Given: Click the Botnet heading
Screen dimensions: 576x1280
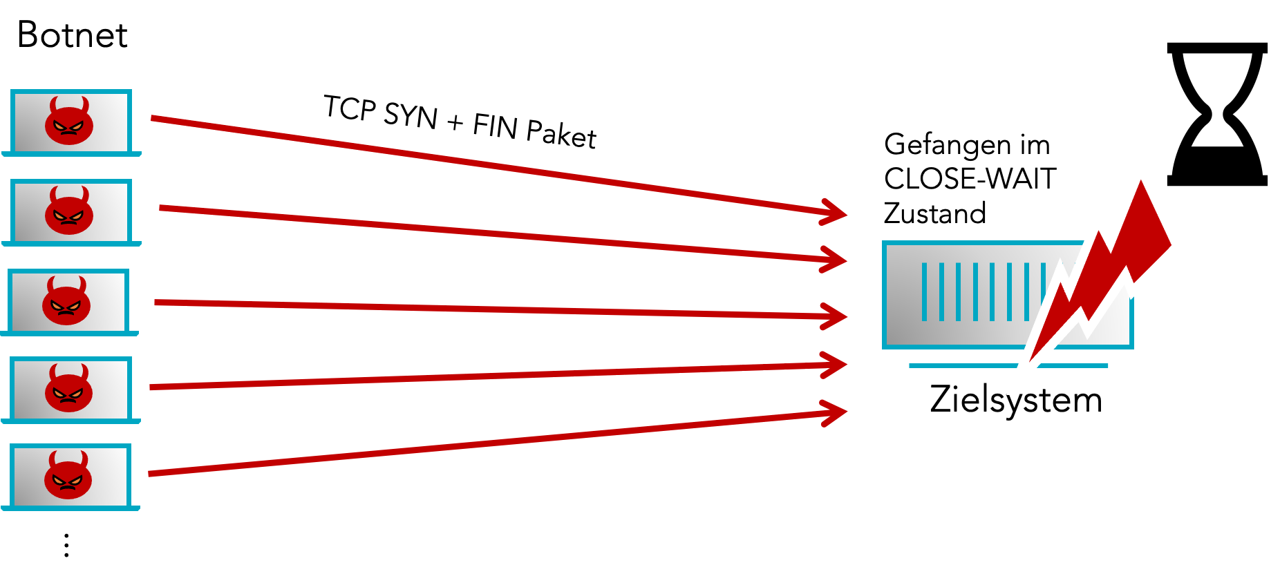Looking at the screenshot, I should (73, 35).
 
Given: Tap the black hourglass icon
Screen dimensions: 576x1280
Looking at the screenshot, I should (1217, 114).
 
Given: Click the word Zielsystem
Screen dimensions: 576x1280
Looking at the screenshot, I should (1015, 400).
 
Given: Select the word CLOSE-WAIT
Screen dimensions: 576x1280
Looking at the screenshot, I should (970, 179).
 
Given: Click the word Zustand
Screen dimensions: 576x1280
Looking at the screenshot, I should (934, 213).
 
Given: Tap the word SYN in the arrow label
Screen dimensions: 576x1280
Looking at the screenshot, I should (411, 115).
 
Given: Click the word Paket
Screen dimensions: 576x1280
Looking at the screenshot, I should (561, 133).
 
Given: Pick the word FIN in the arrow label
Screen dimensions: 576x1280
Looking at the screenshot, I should (495, 126).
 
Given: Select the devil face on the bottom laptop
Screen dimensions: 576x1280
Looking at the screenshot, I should (68, 475).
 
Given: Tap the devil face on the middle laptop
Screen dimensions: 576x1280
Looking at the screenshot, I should (66, 301).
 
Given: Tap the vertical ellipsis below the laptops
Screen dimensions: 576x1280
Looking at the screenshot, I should (66, 546).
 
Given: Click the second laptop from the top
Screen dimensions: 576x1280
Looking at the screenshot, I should (71, 212).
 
